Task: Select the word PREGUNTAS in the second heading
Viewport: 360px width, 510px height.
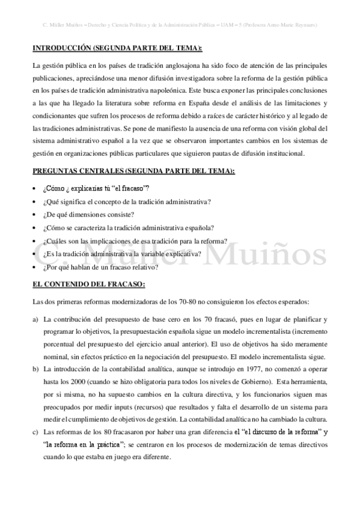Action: pos(58,171)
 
